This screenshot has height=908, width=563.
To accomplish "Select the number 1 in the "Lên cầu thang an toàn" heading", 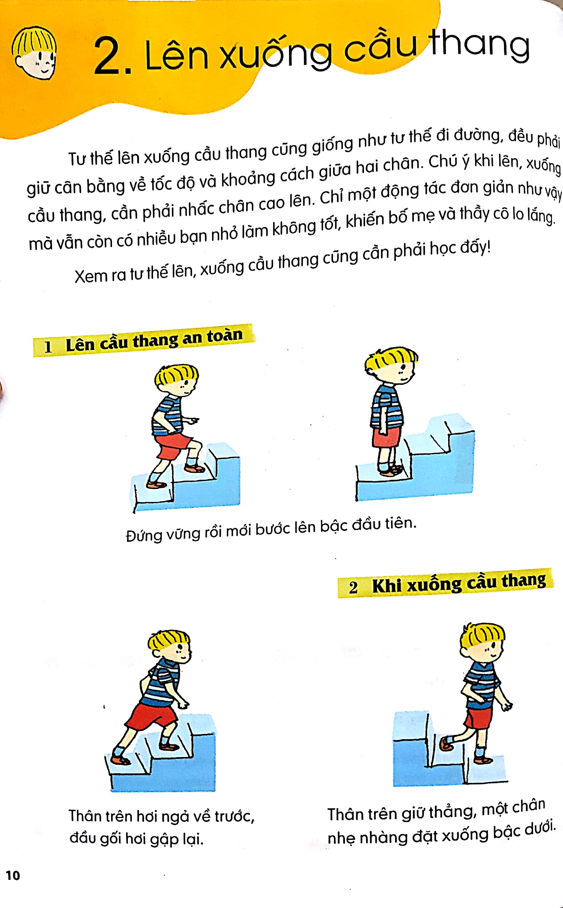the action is [48, 346].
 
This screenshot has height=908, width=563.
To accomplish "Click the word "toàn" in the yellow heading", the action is [225, 336].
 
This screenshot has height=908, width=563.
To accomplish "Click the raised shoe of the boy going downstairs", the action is [446, 744].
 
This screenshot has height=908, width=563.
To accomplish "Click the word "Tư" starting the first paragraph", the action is [77, 159].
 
